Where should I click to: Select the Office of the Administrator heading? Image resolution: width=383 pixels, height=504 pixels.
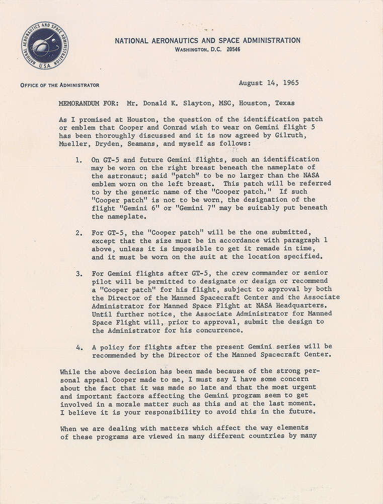click(x=60, y=85)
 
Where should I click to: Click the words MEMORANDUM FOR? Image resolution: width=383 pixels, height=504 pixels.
click(x=87, y=103)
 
